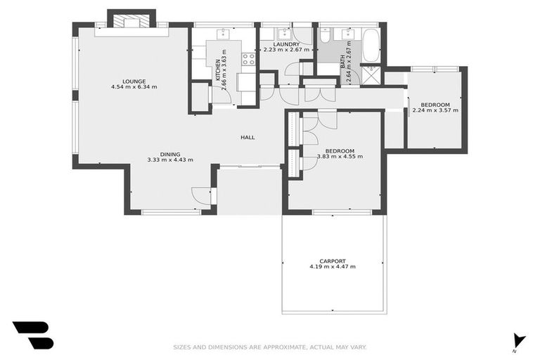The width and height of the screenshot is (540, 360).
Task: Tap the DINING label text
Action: click(x=169, y=153)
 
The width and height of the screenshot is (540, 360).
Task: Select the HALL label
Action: click(x=247, y=137)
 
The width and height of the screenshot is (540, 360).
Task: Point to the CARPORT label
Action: click(x=332, y=260)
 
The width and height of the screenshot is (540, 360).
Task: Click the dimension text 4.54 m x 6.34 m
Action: click(x=134, y=87)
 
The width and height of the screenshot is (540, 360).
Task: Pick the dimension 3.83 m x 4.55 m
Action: click(x=340, y=156)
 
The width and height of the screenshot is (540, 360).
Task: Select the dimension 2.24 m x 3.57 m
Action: click(x=435, y=110)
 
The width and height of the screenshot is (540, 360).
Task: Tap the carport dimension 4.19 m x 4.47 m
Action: click(x=332, y=267)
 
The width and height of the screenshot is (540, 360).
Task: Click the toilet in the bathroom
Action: click(x=326, y=35)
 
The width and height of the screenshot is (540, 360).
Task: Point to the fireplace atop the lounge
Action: click(x=131, y=20)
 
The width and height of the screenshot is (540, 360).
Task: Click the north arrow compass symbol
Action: click(x=518, y=340)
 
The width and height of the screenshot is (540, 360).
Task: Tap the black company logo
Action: click(x=32, y=335)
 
